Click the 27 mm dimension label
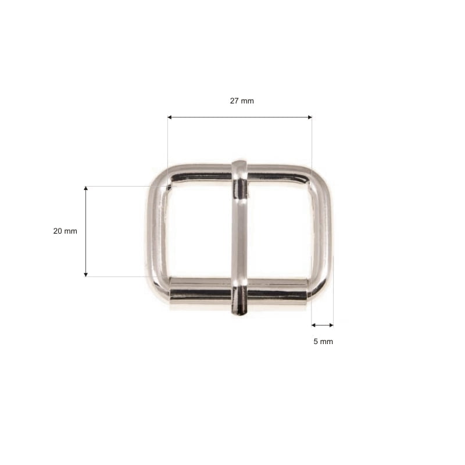[x=242, y=101]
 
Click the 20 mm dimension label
[x=65, y=231]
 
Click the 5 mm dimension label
[x=323, y=342]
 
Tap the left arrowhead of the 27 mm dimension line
[x=170, y=117]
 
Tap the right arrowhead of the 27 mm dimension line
[x=310, y=117]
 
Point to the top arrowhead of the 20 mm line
[x=85, y=188]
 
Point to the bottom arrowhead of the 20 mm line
[x=85, y=274]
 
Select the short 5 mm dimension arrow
[x=323, y=325]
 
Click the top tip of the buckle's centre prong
[x=239, y=162]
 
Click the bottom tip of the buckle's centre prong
[x=239, y=314]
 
